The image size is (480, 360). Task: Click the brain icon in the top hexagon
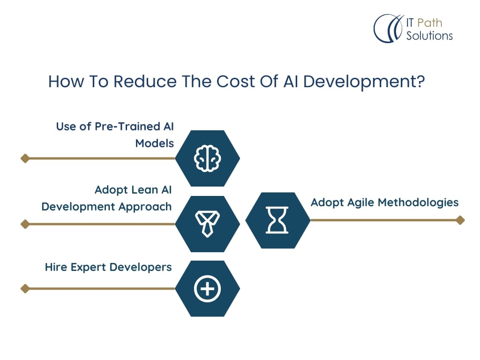[208, 158]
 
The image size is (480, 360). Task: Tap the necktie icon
[207, 224]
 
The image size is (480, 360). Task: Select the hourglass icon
[277, 220]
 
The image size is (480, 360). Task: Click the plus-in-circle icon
[207, 289]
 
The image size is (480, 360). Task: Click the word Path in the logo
[430, 22]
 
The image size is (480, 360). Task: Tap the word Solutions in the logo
[429, 36]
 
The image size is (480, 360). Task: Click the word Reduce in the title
[145, 82]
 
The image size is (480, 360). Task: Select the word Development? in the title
[364, 82]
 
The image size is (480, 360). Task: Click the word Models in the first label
[155, 143]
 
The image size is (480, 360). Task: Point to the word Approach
[145, 207]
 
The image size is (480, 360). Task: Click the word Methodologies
[418, 202]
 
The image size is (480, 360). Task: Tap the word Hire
[56, 267]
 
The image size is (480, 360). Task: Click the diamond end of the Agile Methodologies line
[460, 220]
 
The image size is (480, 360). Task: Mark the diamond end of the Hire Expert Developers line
[25, 289]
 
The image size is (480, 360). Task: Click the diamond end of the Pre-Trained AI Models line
[25, 158]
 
